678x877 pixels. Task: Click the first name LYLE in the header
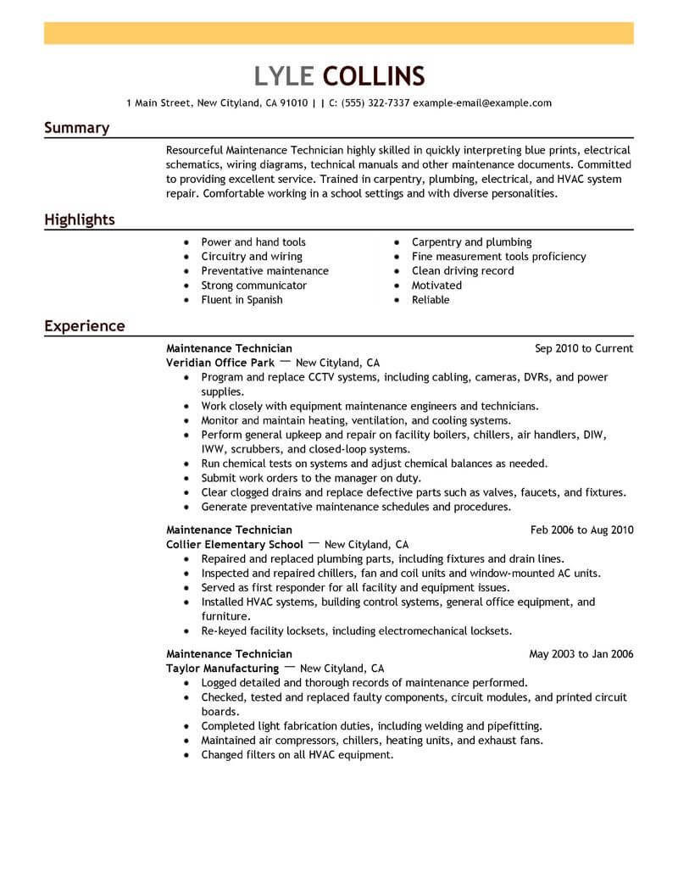click(285, 75)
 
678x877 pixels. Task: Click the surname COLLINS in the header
click(374, 75)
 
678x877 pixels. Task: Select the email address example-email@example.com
click(483, 103)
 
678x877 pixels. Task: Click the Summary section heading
click(76, 128)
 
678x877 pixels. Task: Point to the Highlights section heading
click(79, 220)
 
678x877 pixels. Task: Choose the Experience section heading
click(84, 325)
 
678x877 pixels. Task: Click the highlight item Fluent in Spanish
click(242, 300)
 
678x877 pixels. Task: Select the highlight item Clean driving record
click(463, 271)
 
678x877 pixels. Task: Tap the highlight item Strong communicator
click(253, 286)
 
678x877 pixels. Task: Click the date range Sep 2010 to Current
click(584, 348)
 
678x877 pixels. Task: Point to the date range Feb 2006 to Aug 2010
click(581, 530)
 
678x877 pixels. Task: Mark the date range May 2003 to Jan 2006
click(581, 654)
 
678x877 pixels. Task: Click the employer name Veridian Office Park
click(220, 363)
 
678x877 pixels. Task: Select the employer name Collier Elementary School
click(235, 545)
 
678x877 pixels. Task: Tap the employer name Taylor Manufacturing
click(222, 669)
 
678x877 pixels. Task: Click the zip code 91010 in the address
click(294, 103)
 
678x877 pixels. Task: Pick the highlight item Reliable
click(431, 300)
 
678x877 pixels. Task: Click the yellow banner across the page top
click(339, 33)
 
